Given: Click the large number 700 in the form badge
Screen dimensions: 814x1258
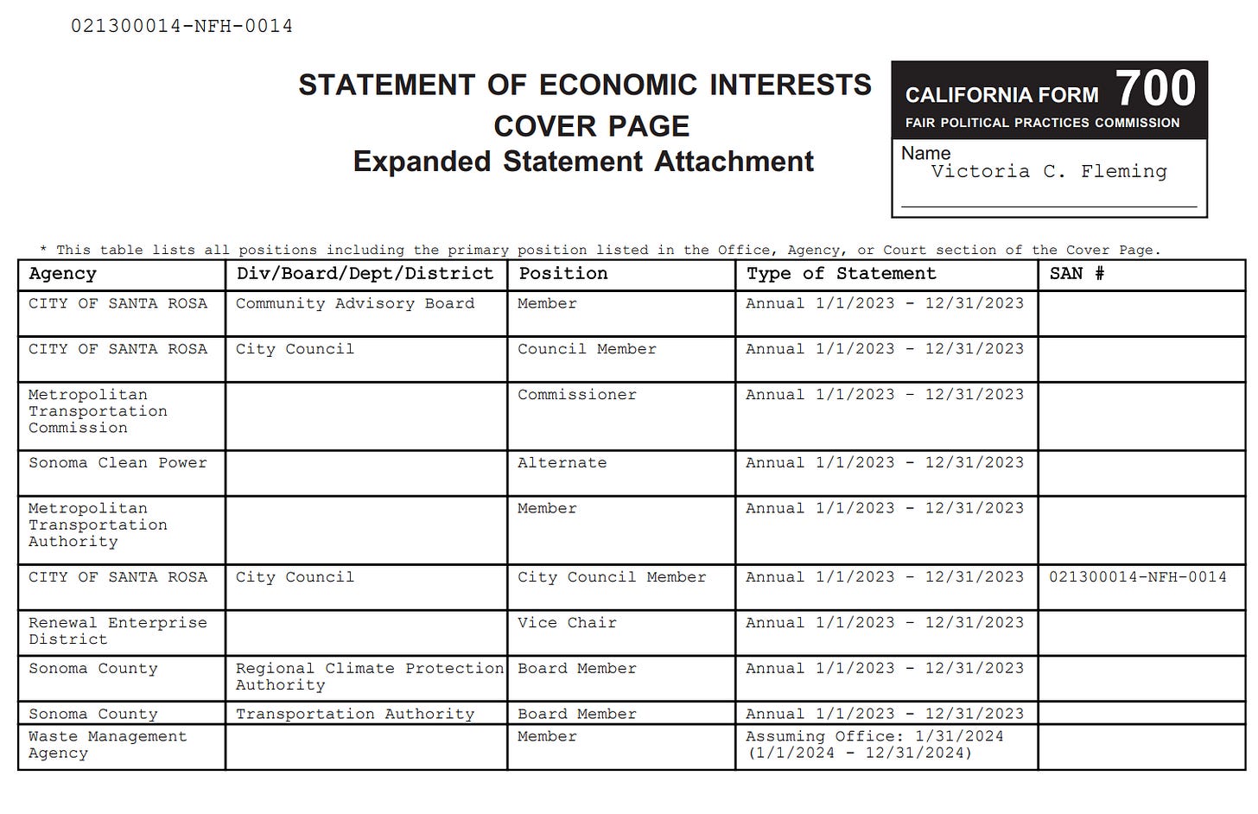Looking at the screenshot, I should pos(1155,88).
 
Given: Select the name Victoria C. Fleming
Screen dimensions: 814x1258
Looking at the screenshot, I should pos(1049,171).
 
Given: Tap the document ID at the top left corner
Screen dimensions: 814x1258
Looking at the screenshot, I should pos(181,26).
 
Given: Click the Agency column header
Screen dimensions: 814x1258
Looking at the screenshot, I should pos(62,274).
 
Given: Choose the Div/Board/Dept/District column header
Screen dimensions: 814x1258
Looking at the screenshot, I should pos(365,274).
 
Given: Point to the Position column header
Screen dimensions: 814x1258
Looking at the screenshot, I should pos(562,274).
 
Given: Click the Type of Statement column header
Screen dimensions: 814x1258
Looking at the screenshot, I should pos(841,274).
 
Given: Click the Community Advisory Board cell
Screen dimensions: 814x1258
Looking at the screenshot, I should pos(355,303).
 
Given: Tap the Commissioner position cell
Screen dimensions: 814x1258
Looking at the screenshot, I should pos(576,395).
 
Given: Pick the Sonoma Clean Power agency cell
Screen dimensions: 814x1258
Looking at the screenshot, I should pos(118,463).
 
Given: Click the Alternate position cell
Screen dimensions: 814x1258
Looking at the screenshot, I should pos(562,463).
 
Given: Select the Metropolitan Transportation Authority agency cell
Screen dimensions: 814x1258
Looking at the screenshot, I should pos(98,525).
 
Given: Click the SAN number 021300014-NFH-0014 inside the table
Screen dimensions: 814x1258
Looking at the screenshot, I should pos(1137,577).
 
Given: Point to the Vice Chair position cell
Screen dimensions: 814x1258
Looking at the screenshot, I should pos(567,623).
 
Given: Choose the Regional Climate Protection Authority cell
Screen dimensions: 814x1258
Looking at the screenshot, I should pos(369,677).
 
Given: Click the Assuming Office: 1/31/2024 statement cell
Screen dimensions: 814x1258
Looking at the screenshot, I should pos(874,745).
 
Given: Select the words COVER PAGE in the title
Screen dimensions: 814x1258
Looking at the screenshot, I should pos(591,126).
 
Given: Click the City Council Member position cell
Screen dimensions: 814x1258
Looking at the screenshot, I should pos(612,577).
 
